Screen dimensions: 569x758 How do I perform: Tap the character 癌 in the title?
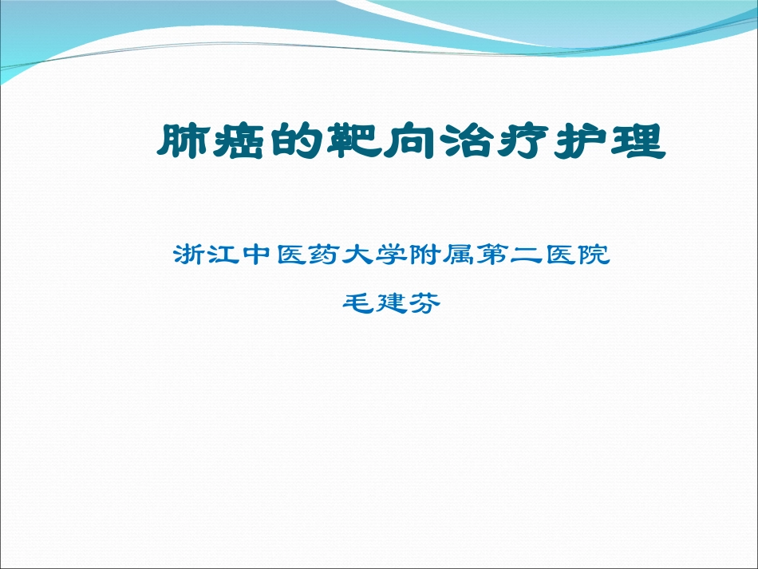[x=239, y=143]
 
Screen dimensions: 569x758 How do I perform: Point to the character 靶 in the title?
[x=354, y=143]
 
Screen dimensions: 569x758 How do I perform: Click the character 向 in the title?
[x=414, y=143]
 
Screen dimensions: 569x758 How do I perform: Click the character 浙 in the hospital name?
[x=189, y=256]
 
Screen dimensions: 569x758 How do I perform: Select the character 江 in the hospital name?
[x=224, y=256]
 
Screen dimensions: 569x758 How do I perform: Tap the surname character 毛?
[x=357, y=303]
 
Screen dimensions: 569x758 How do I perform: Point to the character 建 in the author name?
[x=391, y=303]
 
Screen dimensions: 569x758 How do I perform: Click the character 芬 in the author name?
[x=425, y=303]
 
